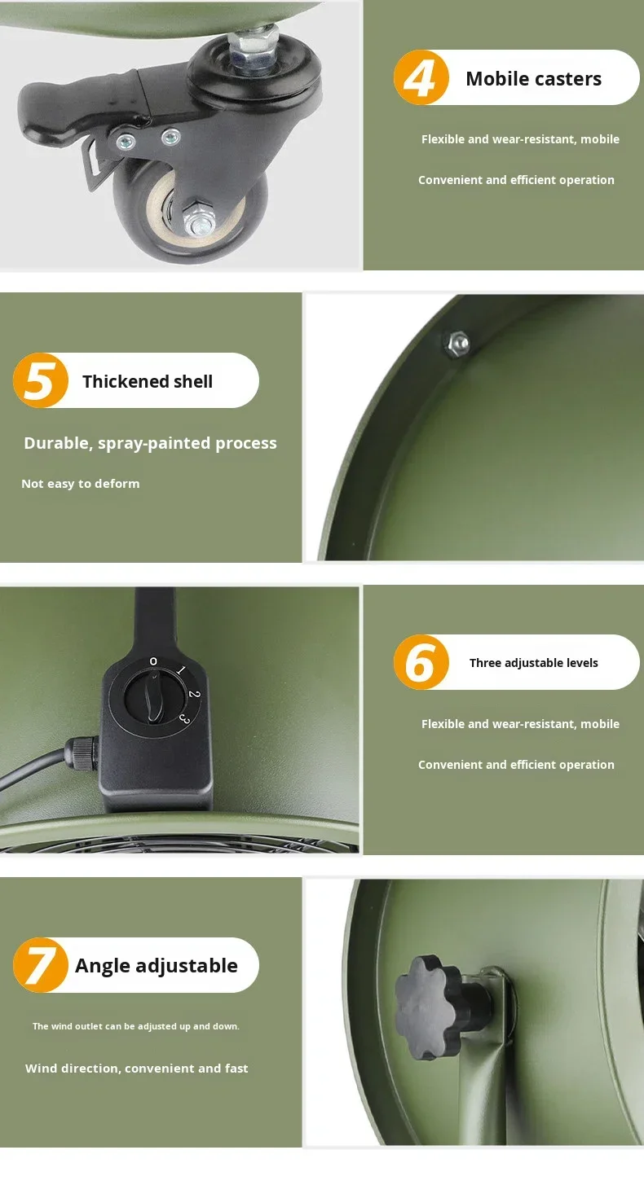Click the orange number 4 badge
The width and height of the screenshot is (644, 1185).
point(421,77)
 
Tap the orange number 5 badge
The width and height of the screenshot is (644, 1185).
point(41,380)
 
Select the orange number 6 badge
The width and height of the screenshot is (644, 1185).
point(421,662)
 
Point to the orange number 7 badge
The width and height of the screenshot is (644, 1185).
point(41,965)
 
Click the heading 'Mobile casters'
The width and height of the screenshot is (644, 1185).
point(533,79)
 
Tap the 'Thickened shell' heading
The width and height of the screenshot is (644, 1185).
point(148,381)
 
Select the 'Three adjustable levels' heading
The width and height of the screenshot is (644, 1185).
point(533,663)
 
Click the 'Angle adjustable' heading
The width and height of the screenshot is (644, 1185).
point(157,966)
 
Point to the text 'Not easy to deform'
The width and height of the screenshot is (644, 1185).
point(81,484)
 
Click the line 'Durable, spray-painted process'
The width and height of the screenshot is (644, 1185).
point(151,443)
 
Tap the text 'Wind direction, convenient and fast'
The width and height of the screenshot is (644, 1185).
point(137,1068)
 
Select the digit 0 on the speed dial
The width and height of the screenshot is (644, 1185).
point(153,661)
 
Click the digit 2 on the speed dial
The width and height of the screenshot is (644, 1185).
point(194,694)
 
